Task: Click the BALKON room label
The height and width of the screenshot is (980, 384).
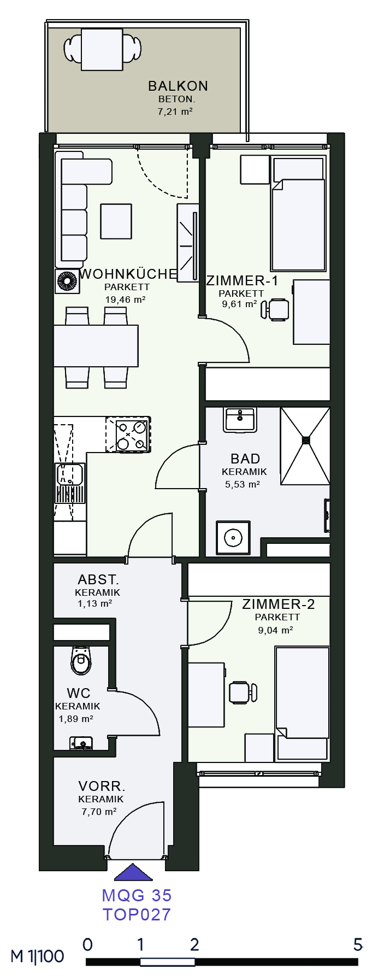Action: coord(178,86)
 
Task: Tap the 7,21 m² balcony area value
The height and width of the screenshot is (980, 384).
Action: coord(175,112)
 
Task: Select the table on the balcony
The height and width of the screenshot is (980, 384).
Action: coord(102,49)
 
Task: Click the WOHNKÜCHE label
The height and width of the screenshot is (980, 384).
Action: coord(128,274)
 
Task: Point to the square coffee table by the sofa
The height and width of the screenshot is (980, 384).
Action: coord(116,221)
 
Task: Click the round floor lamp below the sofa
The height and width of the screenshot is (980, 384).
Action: coord(67,281)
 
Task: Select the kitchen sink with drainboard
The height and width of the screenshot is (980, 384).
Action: coord(70,483)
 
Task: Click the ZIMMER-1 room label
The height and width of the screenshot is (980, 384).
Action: coord(242,281)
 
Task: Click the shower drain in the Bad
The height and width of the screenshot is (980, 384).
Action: coord(306,439)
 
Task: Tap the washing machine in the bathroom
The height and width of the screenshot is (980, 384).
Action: coord(233,538)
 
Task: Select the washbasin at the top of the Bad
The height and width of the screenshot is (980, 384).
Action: coord(240,419)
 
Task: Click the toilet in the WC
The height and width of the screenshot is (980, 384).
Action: coord(81,661)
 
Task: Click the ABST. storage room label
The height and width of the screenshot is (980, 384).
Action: coord(98,579)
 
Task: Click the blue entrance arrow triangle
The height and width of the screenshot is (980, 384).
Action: coord(133,872)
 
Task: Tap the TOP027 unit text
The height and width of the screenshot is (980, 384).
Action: coord(137,914)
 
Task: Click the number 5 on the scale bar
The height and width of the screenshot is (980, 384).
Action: coord(358,944)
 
